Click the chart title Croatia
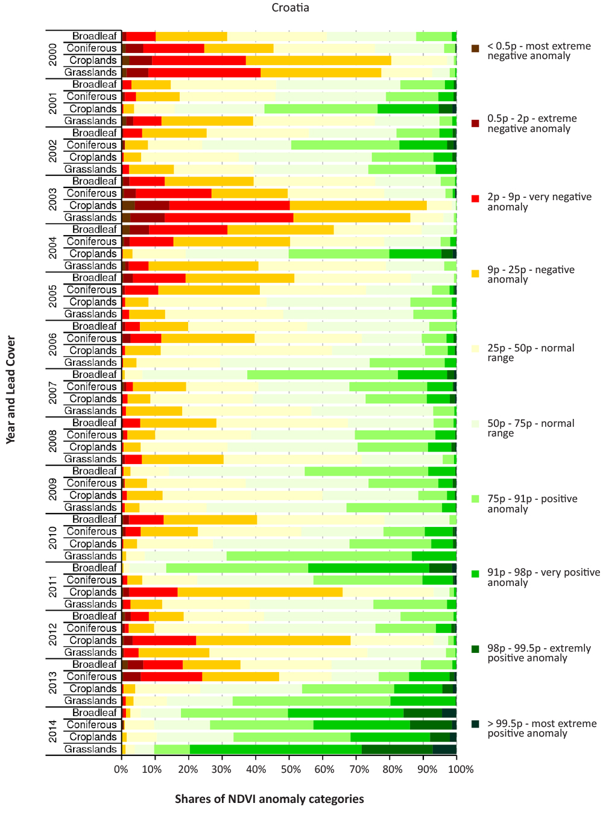290,8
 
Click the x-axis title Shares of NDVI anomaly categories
269,799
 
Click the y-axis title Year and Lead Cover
11,390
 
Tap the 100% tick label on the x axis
461,769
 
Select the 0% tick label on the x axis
121,769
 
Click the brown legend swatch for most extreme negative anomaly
476,48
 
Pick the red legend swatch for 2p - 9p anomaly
476,199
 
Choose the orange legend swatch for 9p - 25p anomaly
476,273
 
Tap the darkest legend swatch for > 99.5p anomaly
476,724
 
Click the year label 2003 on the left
53,200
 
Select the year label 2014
53,731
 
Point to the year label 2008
53,441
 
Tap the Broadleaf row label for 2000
95,36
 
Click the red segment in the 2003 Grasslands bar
229,218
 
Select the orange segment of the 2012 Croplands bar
273,640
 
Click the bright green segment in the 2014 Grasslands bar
276,749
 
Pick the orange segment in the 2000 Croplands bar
318,60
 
